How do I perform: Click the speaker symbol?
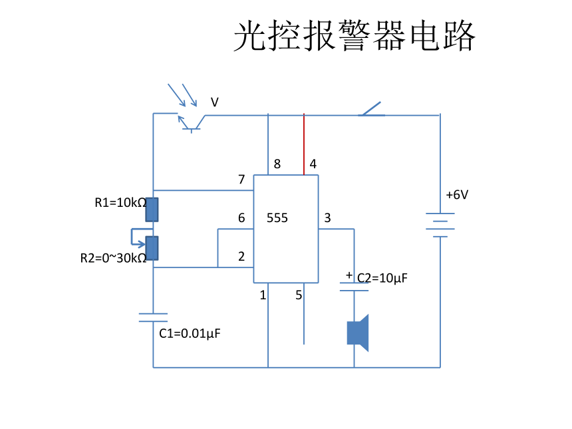358,333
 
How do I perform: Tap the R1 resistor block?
152,210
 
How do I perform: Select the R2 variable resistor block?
152,248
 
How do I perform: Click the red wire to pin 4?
304,144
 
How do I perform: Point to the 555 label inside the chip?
277,217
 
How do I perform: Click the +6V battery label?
457,195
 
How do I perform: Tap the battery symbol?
440,225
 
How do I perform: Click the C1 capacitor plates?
153,317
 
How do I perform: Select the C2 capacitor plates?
354,287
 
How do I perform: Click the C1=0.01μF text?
190,333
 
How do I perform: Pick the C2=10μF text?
382,278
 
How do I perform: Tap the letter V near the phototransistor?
214,102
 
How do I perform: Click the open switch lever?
371,108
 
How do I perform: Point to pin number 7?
241,179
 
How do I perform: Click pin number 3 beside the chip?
327,217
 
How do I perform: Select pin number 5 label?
299,295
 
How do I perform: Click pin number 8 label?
277,164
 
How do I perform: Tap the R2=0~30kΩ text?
114,258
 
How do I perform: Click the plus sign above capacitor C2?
349,275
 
